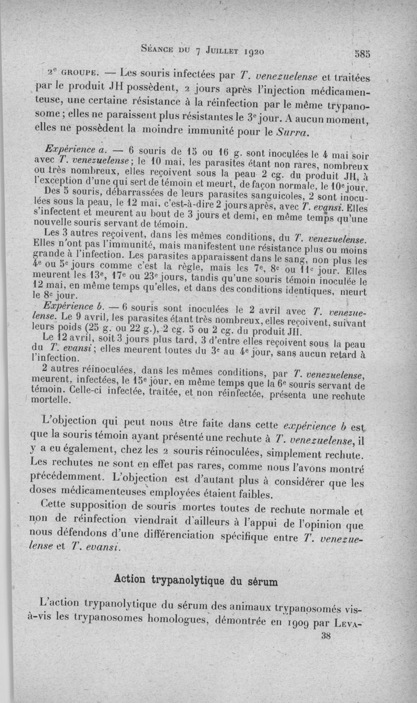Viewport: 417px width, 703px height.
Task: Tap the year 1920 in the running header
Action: tap(250, 51)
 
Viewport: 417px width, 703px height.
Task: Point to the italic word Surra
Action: tap(296, 128)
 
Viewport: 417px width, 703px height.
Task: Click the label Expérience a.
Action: tap(70, 149)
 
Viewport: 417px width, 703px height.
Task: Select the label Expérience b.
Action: tap(70, 306)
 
